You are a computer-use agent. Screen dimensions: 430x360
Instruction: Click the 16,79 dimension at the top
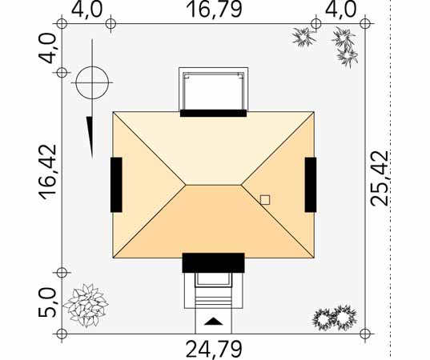click(x=214, y=10)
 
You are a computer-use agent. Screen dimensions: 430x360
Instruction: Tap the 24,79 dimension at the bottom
click(x=214, y=349)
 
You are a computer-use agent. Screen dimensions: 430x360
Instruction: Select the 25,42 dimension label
click(x=380, y=178)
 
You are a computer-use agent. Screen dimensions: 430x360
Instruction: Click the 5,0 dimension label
click(x=47, y=302)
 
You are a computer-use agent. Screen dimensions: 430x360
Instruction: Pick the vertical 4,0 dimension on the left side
click(x=47, y=48)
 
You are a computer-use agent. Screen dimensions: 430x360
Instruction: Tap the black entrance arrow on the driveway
click(x=213, y=322)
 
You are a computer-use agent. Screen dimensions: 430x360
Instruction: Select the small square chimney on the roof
click(x=265, y=200)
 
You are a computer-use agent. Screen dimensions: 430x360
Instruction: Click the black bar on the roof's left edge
click(x=116, y=185)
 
